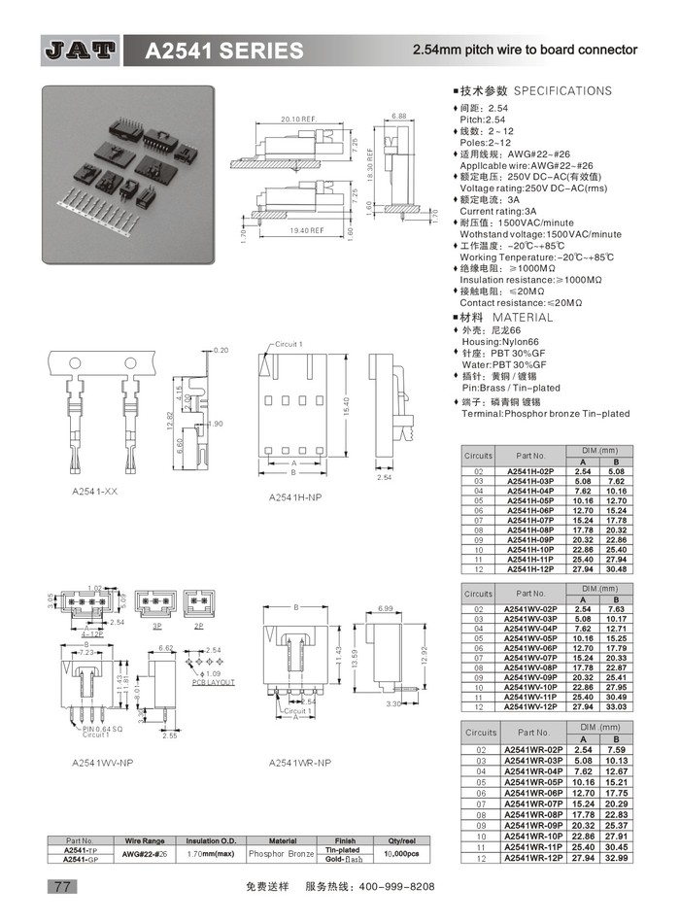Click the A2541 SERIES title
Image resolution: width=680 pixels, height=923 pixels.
pyautogui.click(x=224, y=51)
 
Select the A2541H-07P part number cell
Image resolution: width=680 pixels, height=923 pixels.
pyautogui.click(x=530, y=520)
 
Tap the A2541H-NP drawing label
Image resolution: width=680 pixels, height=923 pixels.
pyautogui.click(x=296, y=497)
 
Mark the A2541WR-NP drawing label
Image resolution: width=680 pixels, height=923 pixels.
pyautogui.click(x=300, y=763)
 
